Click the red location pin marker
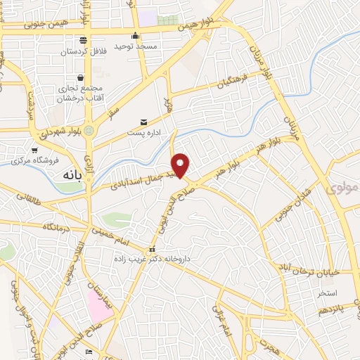coord(181,165)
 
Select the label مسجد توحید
coord(137,45)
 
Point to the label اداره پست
coord(145,132)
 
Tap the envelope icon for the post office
coord(144,122)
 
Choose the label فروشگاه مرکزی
coord(35,160)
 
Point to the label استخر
coord(327,292)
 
